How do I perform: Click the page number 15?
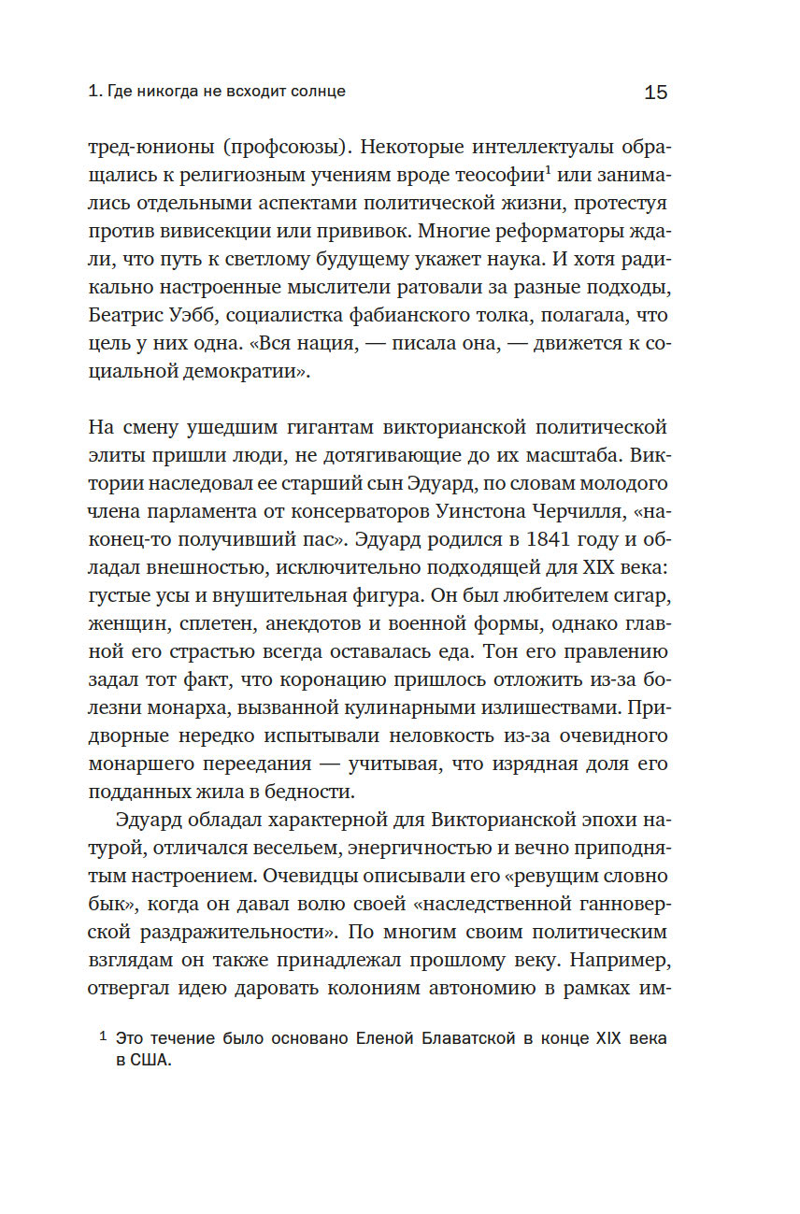point(655,92)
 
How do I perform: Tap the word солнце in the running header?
point(316,92)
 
